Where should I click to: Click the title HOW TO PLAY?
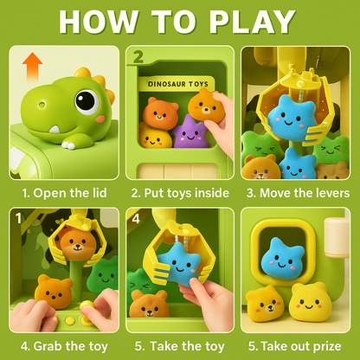pyautogui.click(x=180, y=23)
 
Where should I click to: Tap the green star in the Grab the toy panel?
pyautogui.click(x=103, y=272)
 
